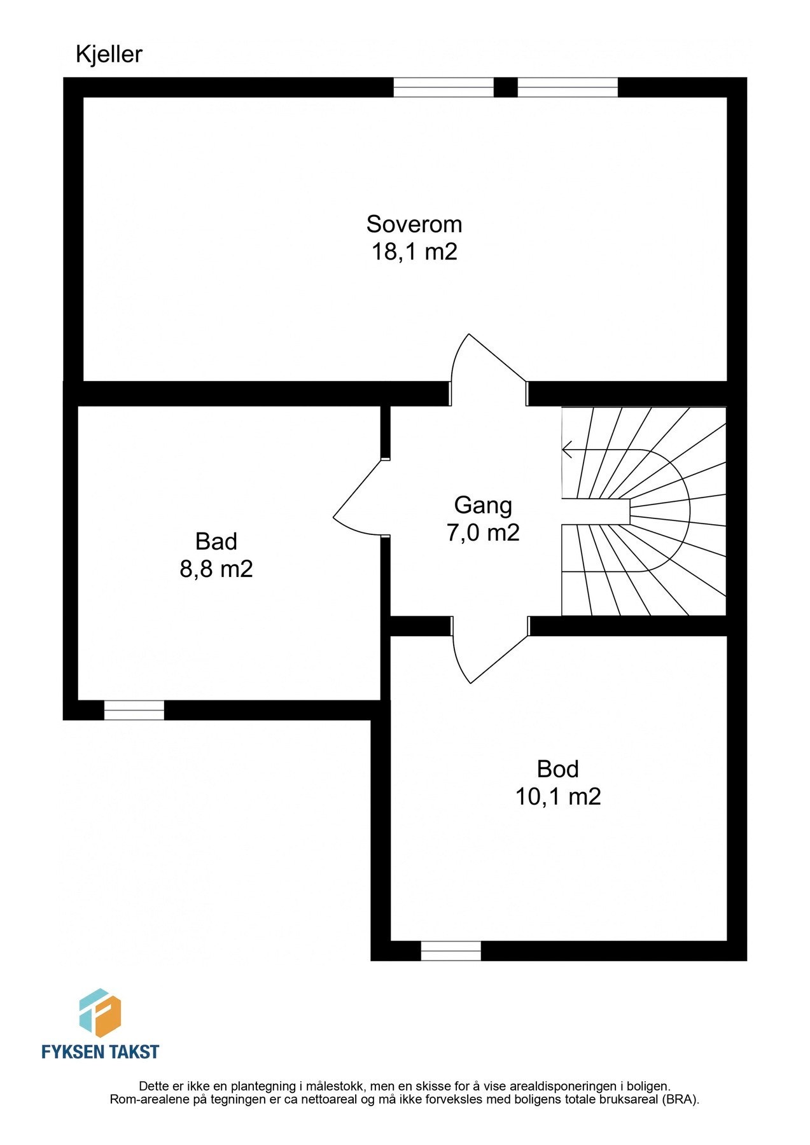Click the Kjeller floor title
109,55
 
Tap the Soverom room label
414,225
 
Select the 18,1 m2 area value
414,252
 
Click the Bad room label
216,541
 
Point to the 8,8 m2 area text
216,569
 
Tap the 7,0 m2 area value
483,532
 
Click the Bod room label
558,769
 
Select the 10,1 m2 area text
558,796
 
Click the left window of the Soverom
443,87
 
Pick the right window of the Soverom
568,87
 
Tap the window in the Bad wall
134,710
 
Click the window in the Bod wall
451,951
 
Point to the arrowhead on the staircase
566,450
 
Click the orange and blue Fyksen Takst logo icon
100,1013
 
